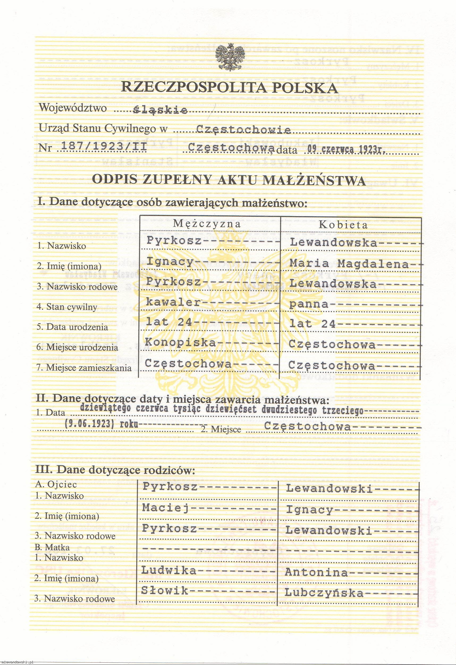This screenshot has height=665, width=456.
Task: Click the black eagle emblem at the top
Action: tap(229, 57)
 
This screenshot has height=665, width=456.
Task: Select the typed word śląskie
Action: tap(161, 110)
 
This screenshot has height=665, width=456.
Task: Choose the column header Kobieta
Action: tap(343, 225)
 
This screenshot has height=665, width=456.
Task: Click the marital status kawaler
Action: tap(173, 302)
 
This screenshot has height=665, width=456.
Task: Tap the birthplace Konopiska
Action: tap(180, 342)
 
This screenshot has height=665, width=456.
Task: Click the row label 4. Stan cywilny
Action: tap(67, 307)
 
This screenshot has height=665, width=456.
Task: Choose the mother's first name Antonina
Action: tap(316, 572)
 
